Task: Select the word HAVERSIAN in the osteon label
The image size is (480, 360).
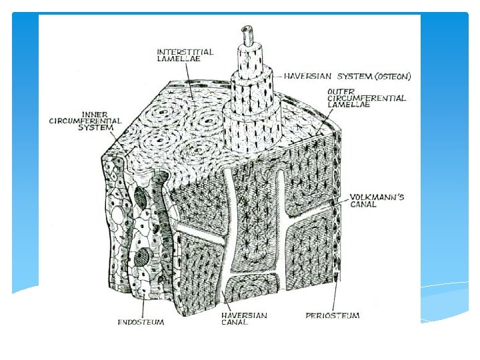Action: [x=304, y=76]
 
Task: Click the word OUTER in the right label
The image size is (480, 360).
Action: [x=339, y=90]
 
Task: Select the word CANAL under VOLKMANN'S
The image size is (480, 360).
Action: [x=364, y=205]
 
